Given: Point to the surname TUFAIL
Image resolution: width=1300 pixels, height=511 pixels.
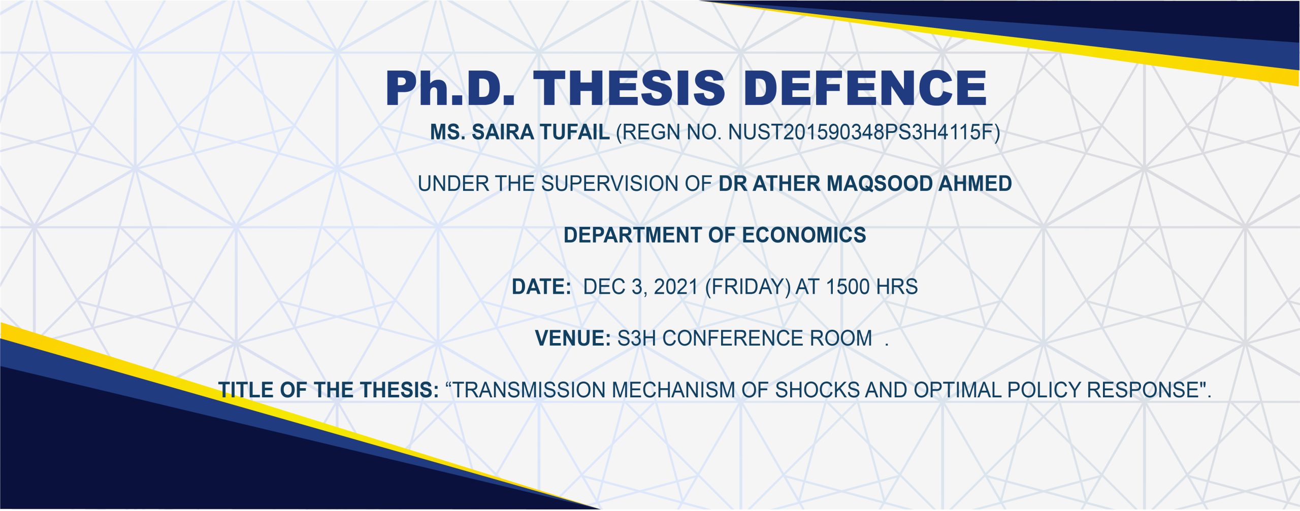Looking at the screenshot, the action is click(x=574, y=132).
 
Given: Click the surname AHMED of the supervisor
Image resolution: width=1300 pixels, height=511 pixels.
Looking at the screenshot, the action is click(x=975, y=184).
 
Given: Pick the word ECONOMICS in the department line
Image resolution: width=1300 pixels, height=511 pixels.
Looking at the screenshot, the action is click(x=804, y=235).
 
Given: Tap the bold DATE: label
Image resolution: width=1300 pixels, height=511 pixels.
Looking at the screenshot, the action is click(x=541, y=287).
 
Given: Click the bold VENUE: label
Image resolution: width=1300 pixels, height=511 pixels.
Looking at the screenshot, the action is click(x=573, y=338).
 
